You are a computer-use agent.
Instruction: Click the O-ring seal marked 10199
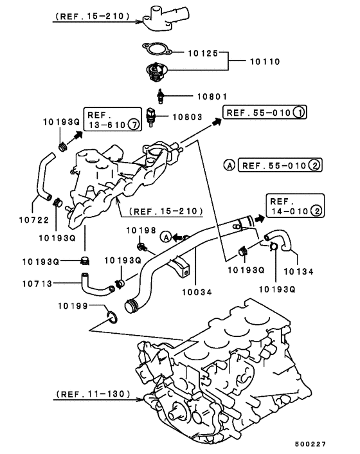pyautogui.click(x=110, y=316)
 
